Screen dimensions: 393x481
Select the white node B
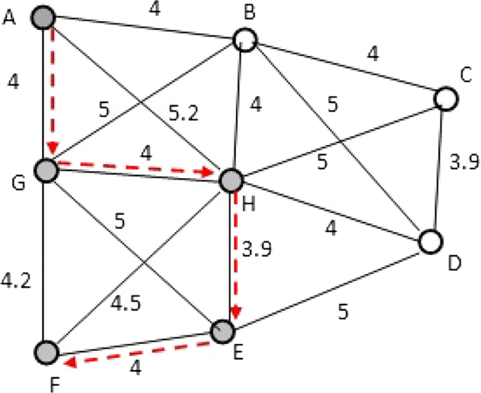(244, 39)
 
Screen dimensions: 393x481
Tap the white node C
(445, 98)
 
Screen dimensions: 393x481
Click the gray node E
(223, 330)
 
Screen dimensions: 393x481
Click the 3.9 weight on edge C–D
(463, 163)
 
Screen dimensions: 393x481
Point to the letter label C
(463, 74)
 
